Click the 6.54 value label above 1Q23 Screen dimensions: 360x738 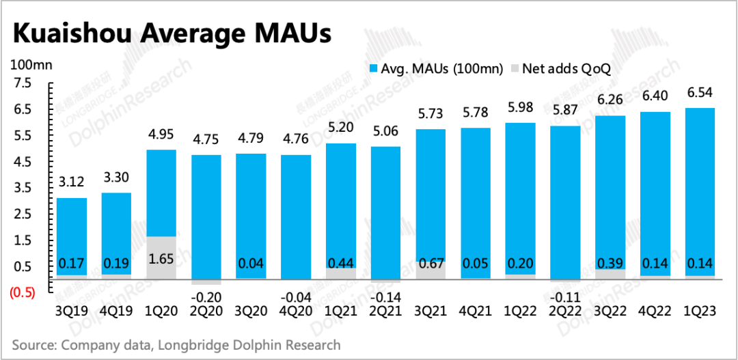click(700, 94)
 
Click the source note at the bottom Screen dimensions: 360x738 click(176, 344)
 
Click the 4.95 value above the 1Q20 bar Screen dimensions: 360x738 click(161, 135)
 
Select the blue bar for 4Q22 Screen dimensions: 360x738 click(655, 191)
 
